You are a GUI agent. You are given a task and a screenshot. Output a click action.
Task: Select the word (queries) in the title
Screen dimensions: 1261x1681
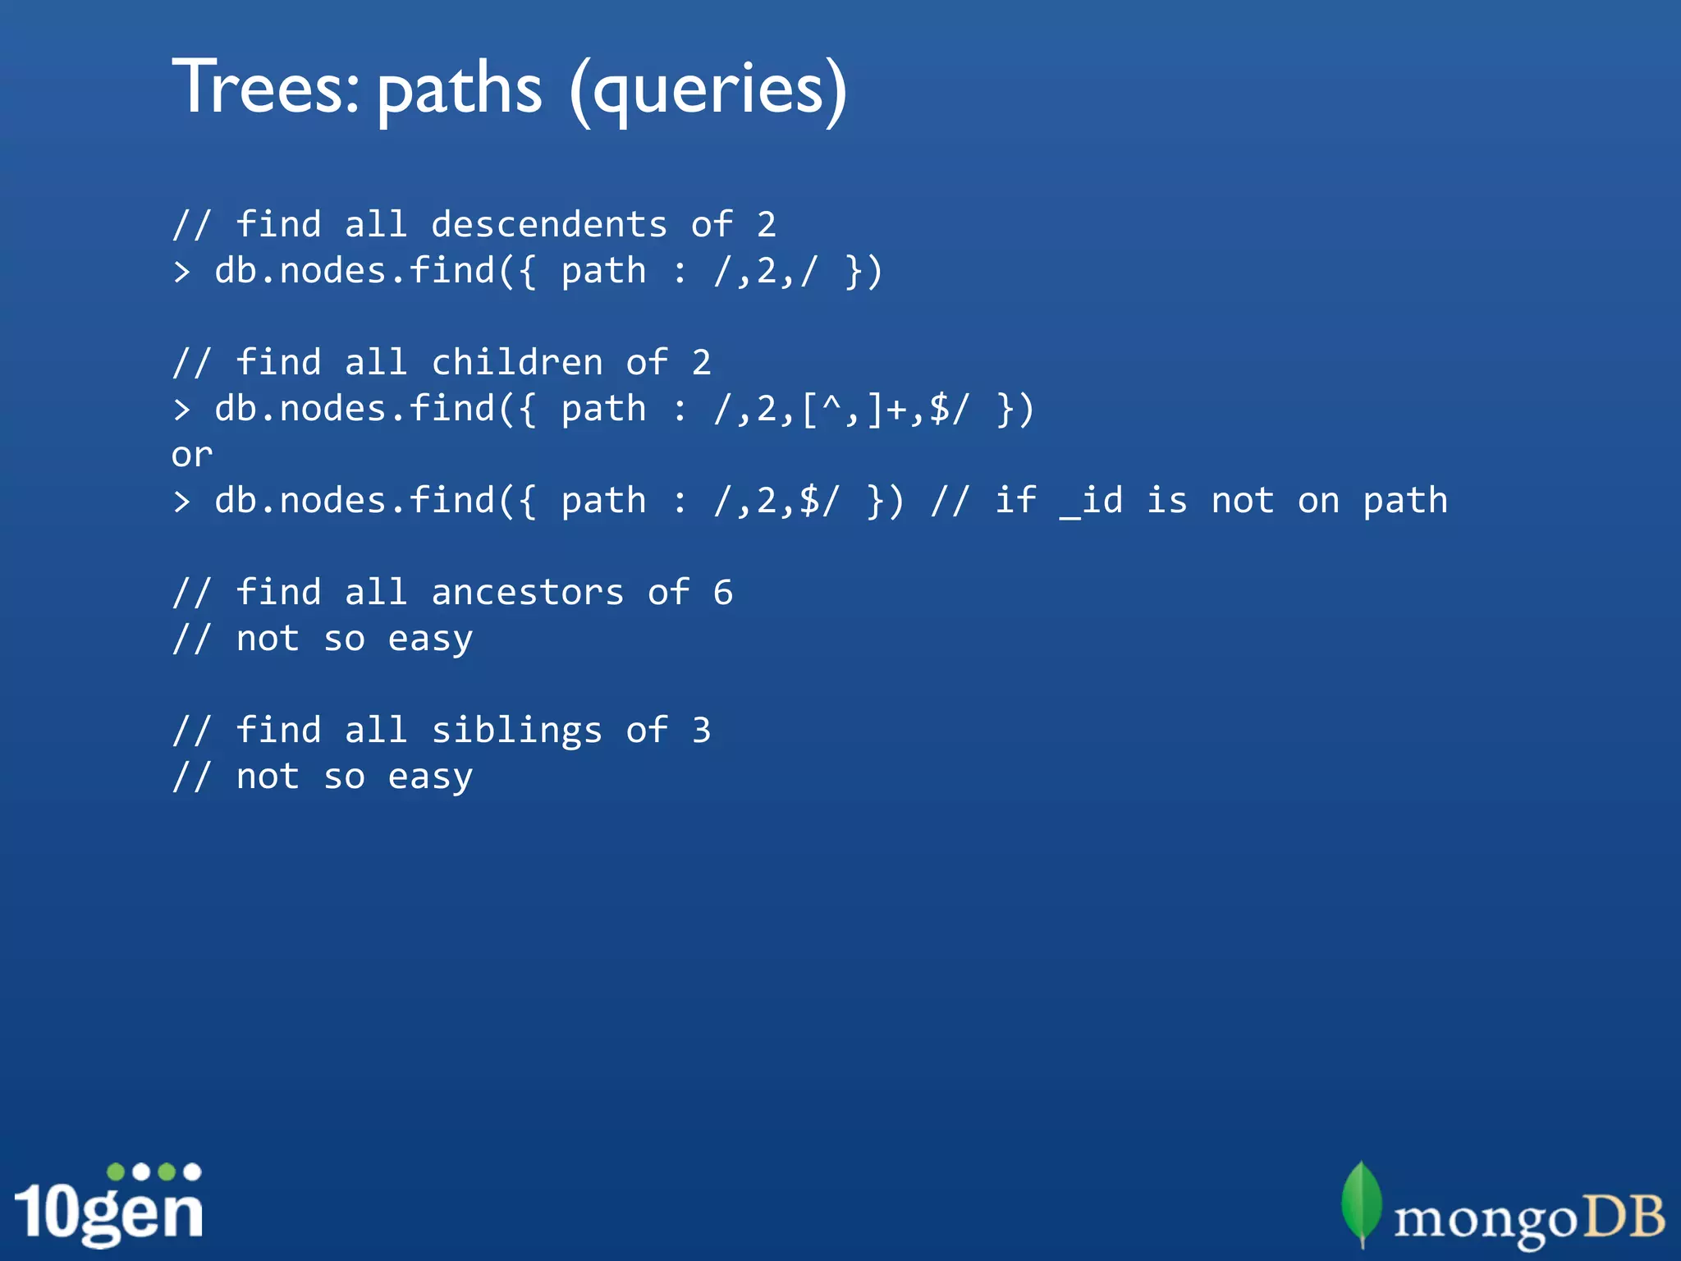[x=708, y=90]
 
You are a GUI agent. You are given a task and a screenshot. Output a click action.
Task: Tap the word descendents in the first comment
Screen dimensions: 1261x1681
[x=549, y=225]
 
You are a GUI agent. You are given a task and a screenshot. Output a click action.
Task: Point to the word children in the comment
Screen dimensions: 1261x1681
[x=517, y=363]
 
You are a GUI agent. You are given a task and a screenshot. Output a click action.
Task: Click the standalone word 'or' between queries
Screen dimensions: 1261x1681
[x=192, y=455]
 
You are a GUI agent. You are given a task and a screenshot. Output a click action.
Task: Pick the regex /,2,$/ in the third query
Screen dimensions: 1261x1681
[x=776, y=502]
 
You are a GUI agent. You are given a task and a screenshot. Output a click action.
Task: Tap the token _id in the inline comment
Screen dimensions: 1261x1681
[x=1091, y=501]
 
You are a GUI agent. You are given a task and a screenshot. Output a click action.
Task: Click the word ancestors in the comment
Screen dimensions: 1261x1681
[x=528, y=593]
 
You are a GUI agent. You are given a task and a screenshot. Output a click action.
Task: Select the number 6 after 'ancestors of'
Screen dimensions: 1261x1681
[x=722, y=593]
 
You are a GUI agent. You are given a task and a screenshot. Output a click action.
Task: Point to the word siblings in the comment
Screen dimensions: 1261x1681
[x=517, y=731]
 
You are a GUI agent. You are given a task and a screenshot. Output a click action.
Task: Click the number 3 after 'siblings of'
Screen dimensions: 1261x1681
[x=701, y=731]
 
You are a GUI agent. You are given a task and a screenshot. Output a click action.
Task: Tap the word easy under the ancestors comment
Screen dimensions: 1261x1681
[x=430, y=640]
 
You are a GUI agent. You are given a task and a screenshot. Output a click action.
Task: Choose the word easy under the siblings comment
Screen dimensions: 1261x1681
[x=430, y=777]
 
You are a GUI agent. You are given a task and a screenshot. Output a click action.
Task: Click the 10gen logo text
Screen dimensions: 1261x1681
[x=108, y=1212]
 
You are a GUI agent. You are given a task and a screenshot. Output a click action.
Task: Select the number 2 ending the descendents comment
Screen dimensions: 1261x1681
[x=766, y=225]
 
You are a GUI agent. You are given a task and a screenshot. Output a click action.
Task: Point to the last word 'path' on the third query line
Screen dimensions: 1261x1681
[x=1405, y=502]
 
